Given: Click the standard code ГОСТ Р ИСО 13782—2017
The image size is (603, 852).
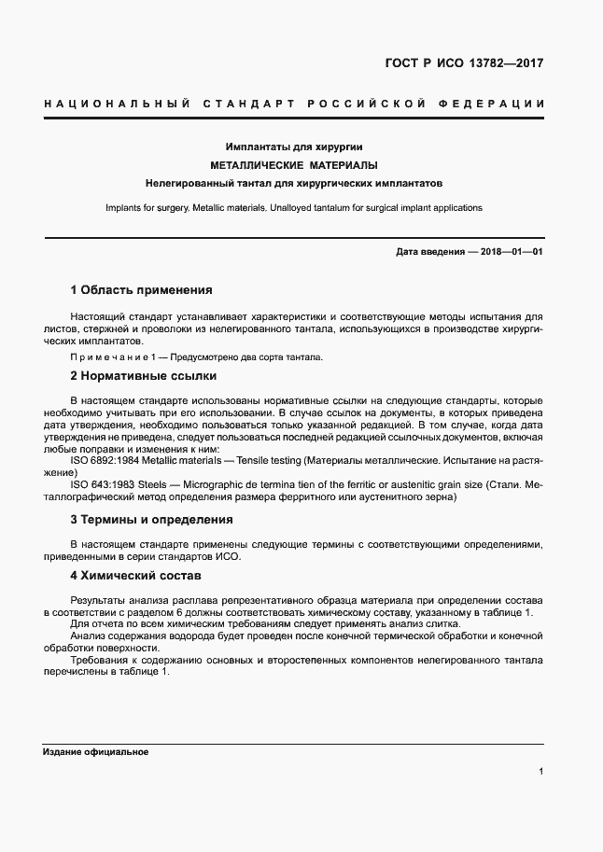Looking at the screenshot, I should coord(464,64).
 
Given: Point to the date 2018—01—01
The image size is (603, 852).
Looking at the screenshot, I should coord(511,252).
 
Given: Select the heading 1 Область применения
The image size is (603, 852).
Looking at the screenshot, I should coord(142,290).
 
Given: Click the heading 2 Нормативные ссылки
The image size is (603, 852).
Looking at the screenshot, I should coord(143,376).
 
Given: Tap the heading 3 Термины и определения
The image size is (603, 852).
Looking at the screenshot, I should coord(151,520).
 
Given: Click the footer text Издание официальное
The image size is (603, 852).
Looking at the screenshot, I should coord(95,751).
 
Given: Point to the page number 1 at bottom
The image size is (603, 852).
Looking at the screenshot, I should coord(541,772).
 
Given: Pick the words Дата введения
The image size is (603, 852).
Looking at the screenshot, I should coord(429,252).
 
